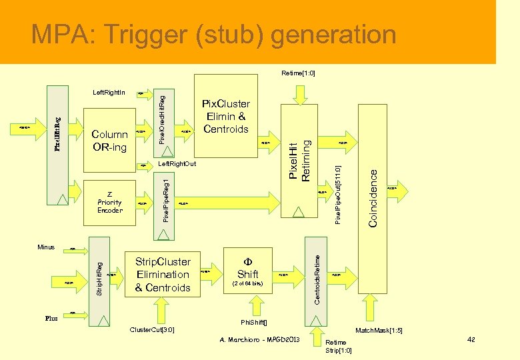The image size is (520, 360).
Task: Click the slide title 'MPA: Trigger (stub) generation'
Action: (x=213, y=34)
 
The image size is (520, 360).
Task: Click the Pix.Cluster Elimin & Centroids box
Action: (x=226, y=117)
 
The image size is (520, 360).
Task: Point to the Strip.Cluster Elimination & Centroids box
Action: (x=163, y=275)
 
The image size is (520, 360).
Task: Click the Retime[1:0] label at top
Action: (x=298, y=73)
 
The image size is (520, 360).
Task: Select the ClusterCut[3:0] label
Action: (x=153, y=330)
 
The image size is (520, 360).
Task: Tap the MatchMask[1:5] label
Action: (x=379, y=331)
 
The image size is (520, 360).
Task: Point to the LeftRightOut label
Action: (x=178, y=163)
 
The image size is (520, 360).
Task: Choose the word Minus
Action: (x=46, y=247)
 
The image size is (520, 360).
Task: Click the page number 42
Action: (x=471, y=340)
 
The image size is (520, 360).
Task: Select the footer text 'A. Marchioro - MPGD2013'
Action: (x=259, y=340)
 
